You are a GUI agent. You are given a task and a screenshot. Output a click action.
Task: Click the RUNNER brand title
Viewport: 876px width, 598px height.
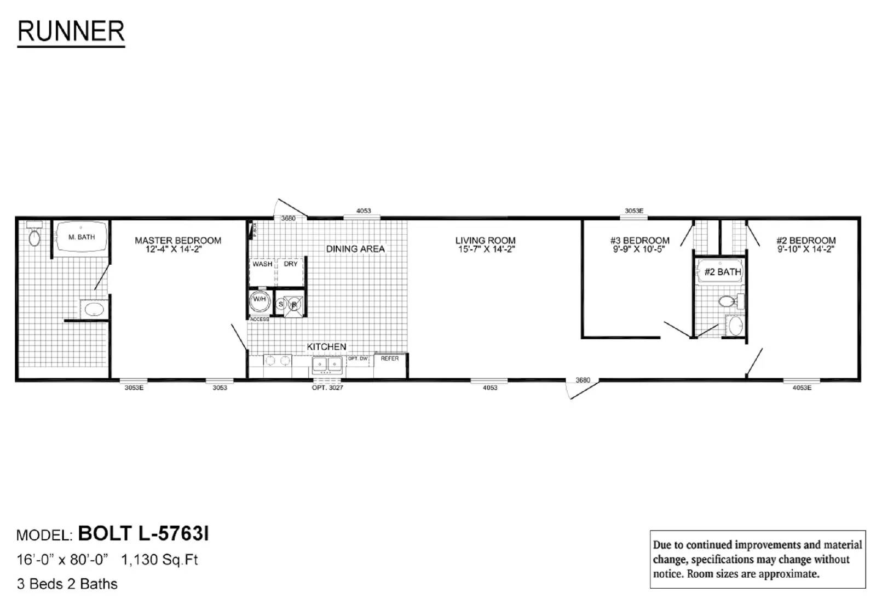pos(71,31)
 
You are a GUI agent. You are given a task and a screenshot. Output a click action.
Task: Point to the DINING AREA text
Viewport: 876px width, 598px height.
pos(355,249)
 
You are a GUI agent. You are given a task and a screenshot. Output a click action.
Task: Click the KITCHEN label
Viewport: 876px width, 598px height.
pos(326,347)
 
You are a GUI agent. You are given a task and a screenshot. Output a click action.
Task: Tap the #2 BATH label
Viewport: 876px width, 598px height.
pos(722,272)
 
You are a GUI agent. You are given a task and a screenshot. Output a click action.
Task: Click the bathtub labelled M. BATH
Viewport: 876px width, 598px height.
pos(81,237)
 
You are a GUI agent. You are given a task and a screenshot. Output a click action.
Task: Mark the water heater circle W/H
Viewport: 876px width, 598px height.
pos(259,300)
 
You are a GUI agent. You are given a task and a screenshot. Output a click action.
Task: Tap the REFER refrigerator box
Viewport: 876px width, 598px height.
pos(390,366)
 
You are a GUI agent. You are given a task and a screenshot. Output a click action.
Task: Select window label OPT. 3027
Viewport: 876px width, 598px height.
pos(327,388)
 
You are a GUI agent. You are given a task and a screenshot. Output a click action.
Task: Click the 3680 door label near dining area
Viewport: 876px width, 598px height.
pos(288,218)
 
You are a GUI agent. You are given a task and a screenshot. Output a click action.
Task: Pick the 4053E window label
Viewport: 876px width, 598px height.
pos(802,388)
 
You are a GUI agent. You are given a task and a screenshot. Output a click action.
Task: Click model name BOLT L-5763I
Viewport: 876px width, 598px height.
pos(143,533)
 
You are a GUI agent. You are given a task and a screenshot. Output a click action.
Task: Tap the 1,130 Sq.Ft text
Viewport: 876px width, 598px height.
pos(159,560)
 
